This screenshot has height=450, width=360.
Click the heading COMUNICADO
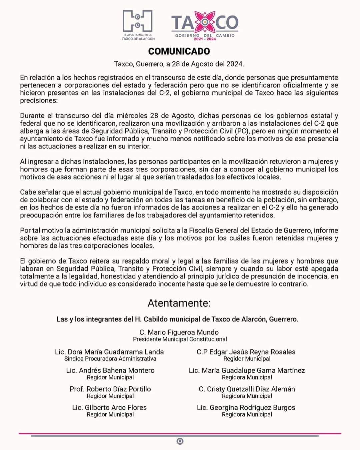[179, 51]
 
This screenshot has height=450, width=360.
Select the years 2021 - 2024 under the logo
[205, 39]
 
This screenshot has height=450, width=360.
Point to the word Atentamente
[179, 303]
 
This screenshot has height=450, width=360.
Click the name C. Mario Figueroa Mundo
[179, 332]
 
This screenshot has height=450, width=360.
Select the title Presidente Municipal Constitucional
[180, 339]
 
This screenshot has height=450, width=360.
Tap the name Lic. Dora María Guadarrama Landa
[109, 352]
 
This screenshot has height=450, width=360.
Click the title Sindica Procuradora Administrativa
[110, 359]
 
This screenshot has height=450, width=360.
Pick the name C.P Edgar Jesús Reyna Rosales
[246, 352]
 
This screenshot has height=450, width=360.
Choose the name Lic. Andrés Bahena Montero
[110, 370]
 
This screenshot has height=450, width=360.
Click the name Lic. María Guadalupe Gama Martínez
[247, 370]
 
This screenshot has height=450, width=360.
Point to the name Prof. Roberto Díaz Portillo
[110, 389]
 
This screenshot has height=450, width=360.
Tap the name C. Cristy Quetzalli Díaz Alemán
[247, 389]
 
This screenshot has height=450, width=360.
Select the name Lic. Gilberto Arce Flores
[109, 407]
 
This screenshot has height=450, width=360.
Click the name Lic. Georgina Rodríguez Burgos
[246, 407]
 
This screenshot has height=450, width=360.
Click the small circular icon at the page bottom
[180, 441]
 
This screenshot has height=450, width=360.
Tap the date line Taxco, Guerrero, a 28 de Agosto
[179, 64]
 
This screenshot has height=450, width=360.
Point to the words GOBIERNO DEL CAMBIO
[205, 35]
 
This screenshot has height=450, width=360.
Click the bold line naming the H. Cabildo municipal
[178, 319]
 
